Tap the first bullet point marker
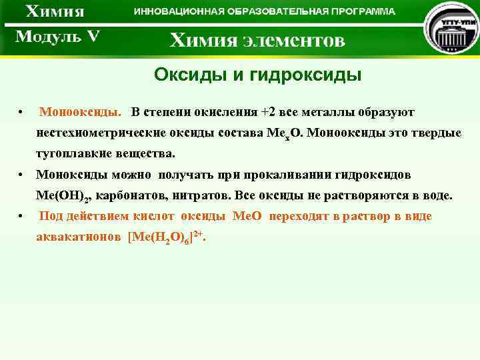(x=23, y=111)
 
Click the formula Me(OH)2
(x=63, y=197)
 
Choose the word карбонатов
(x=131, y=196)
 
